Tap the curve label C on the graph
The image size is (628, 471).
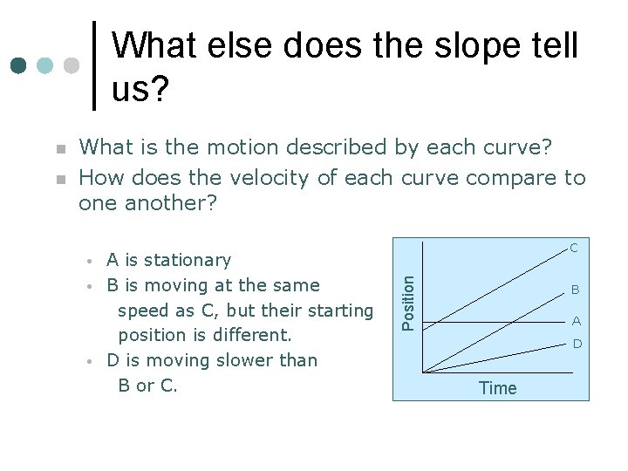point(574,248)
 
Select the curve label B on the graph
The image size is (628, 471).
point(576,290)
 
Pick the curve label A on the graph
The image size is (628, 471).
point(577,321)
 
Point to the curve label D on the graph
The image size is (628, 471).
point(577,345)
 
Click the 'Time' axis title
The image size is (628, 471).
point(497,388)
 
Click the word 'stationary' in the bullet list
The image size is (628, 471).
point(188,260)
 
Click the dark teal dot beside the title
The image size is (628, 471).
point(18,65)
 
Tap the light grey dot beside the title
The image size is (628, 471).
point(72,65)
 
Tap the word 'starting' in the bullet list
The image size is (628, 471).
point(336,311)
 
